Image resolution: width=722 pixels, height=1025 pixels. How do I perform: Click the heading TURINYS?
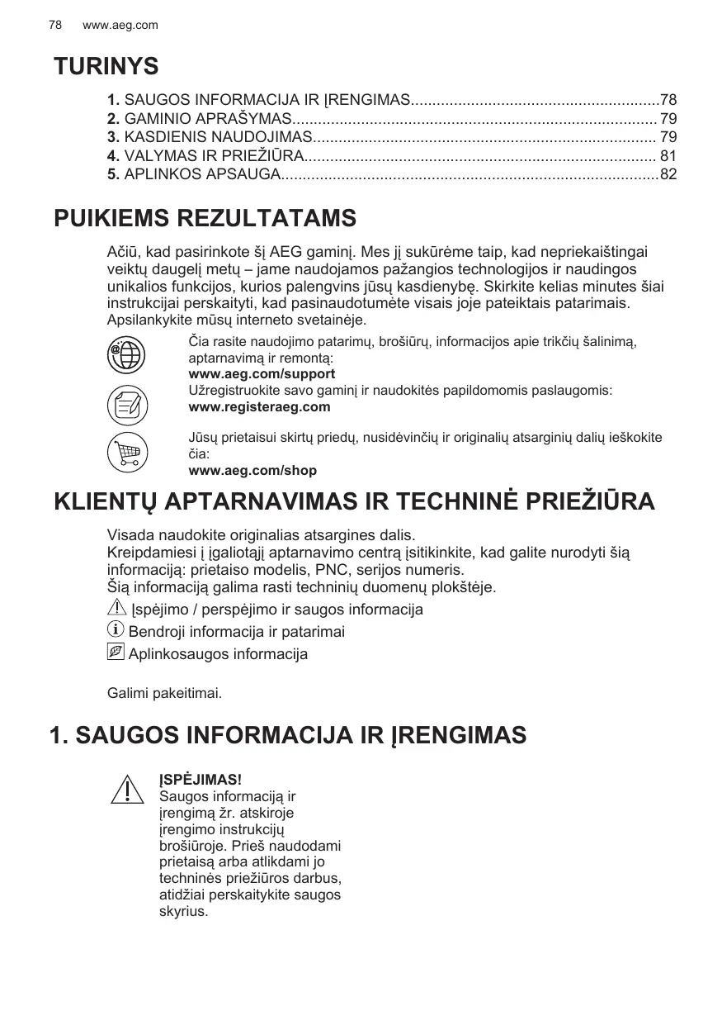106,66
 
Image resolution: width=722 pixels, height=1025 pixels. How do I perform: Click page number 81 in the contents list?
668,155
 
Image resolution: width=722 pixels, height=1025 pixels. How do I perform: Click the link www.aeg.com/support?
262,374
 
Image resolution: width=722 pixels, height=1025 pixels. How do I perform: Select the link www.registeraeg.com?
259,406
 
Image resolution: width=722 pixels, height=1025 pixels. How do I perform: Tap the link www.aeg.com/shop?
252,471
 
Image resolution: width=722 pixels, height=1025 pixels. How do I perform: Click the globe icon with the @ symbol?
127,356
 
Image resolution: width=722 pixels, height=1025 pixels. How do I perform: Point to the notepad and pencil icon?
127,405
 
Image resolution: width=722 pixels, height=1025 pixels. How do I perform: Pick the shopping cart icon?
127,453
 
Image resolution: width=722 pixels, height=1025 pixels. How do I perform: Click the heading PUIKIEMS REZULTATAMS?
205,219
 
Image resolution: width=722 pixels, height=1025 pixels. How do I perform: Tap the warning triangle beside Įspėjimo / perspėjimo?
117,608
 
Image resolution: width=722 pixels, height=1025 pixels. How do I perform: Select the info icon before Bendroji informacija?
116,631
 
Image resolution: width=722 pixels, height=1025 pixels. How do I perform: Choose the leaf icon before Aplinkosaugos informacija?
116,652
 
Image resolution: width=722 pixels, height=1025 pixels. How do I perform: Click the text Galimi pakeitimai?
164,692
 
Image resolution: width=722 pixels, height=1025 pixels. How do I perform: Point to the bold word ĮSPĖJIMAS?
200,781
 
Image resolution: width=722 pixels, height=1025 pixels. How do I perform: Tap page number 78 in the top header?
55,26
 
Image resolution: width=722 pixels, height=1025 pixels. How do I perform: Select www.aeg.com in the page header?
120,26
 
